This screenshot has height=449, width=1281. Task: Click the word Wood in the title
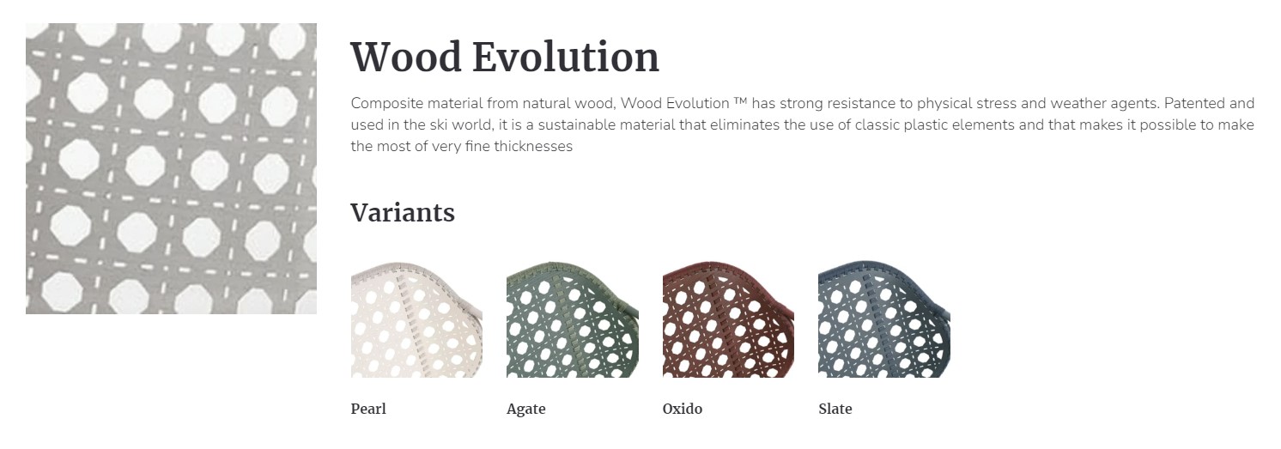pyautogui.click(x=406, y=58)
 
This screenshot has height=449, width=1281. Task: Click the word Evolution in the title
pyautogui.click(x=566, y=58)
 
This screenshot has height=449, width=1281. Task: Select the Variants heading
pyautogui.click(x=403, y=212)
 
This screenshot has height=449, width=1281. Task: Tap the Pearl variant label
pyautogui.click(x=368, y=409)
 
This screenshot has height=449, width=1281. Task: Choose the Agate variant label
pyautogui.click(x=526, y=410)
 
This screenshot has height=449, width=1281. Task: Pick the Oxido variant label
pyautogui.click(x=683, y=409)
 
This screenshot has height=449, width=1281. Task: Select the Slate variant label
pyautogui.click(x=835, y=409)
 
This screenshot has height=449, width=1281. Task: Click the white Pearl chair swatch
pyautogui.click(x=416, y=319)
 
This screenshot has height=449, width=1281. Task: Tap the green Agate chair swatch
pyautogui.click(x=573, y=319)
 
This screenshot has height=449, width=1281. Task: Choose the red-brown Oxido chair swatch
pyautogui.click(x=728, y=319)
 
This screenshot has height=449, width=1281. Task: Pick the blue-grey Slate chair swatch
pyautogui.click(x=884, y=319)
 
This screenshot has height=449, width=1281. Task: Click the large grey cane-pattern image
pyautogui.click(x=171, y=168)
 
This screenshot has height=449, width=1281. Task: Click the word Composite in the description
pyautogui.click(x=387, y=104)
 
